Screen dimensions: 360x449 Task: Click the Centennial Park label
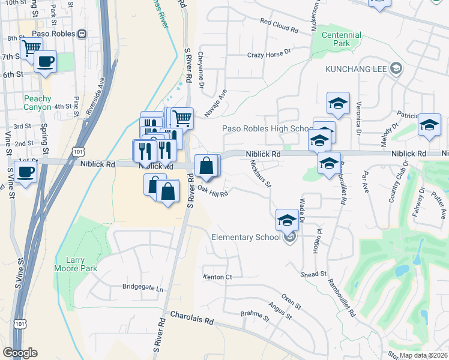pyautogui.click(x=341, y=40)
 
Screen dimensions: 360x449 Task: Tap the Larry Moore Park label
pyautogui.click(x=75, y=264)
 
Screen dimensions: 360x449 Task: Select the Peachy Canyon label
pyautogui.click(x=38, y=102)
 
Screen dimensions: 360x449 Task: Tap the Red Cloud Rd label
pyautogui.click(x=279, y=29)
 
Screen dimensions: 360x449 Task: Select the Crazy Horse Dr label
pyautogui.click(x=269, y=55)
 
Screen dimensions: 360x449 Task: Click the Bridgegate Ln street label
pyautogui.click(x=142, y=288)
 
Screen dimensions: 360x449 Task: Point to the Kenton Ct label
pyautogui.click(x=217, y=277)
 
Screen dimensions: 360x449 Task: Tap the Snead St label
pyautogui.click(x=314, y=273)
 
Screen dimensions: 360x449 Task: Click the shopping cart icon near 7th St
pyautogui.click(x=31, y=47)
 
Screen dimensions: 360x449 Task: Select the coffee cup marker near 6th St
pyautogui.click(x=45, y=60)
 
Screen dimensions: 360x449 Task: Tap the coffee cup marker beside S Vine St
pyautogui.click(x=25, y=172)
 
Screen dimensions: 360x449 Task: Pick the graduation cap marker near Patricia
pyautogui.click(x=429, y=124)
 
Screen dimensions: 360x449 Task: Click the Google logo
pyautogui.click(x=20, y=353)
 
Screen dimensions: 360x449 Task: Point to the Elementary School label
pyautogui.click(x=246, y=237)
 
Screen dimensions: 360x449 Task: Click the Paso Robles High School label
pyautogui.click(x=265, y=128)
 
